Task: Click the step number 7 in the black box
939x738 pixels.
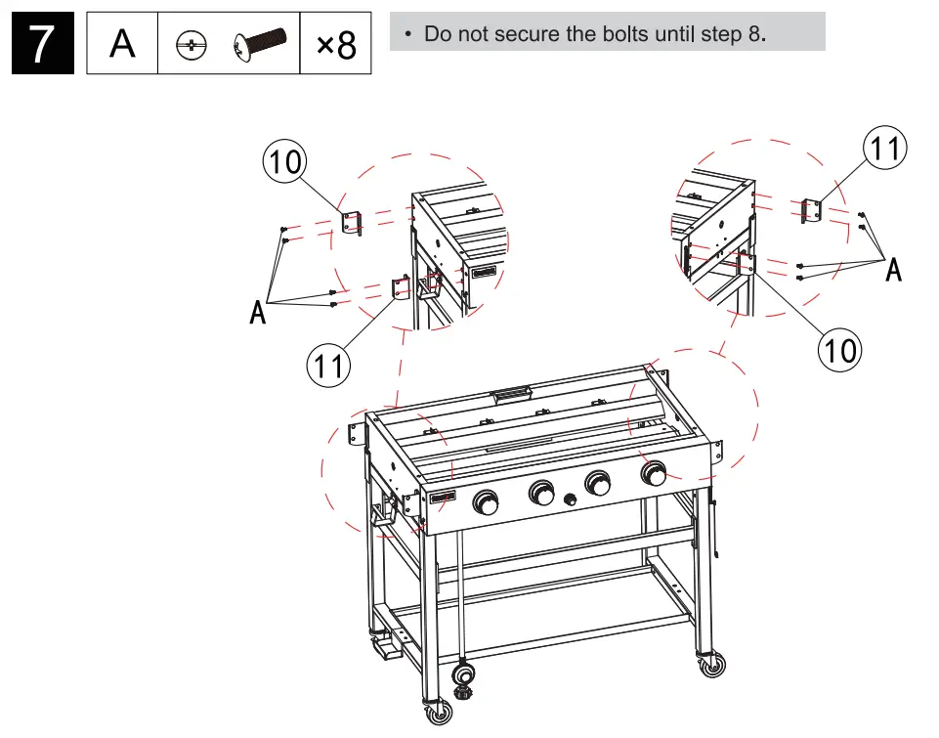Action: (42, 44)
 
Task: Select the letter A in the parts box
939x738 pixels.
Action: (122, 44)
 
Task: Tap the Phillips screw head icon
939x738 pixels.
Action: (192, 45)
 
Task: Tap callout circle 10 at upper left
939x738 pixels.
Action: (284, 161)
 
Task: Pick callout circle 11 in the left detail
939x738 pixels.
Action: (328, 367)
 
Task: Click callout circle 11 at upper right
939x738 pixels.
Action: (886, 150)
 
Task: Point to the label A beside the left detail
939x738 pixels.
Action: (258, 313)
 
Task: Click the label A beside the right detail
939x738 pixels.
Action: (893, 271)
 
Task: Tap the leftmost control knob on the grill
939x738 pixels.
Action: (486, 503)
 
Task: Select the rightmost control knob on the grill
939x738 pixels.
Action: (654, 475)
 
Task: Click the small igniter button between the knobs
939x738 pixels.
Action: (571, 499)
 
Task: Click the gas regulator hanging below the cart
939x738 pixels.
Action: (466, 679)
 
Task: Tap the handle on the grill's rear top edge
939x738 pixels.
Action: (512, 394)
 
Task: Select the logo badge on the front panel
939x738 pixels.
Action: (443, 499)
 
